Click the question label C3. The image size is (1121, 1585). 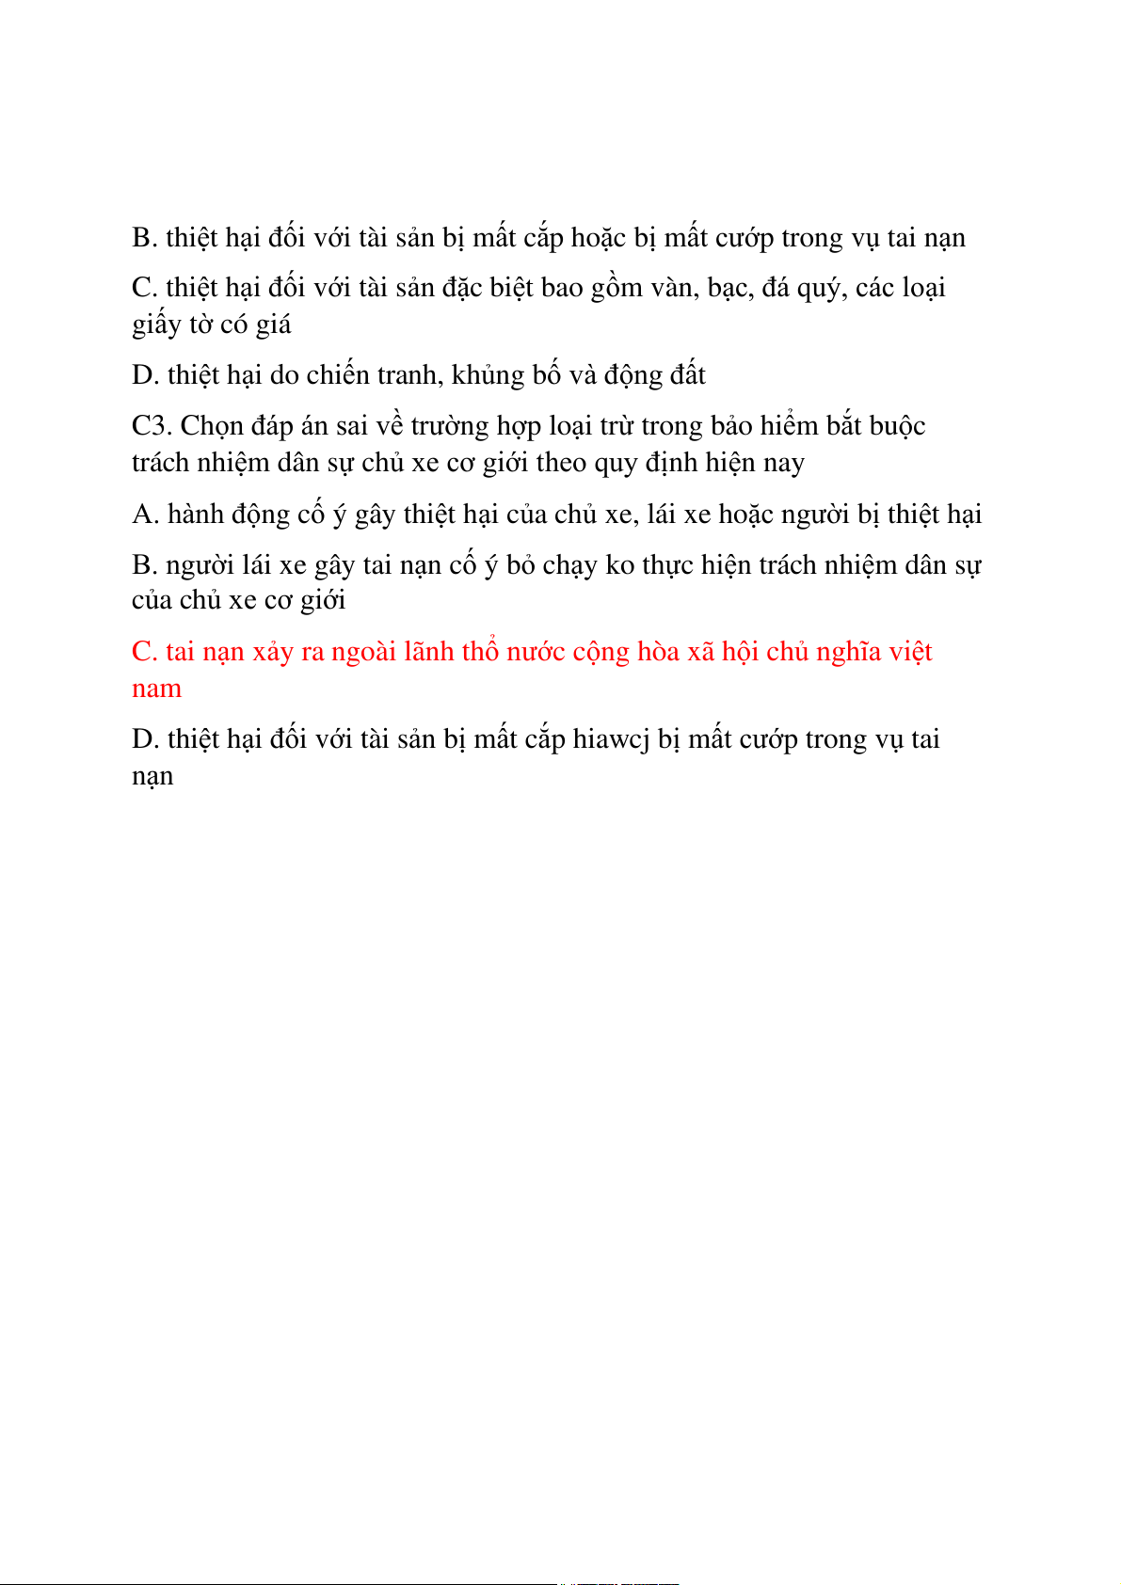[x=152, y=426]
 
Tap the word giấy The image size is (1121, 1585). [x=156, y=325]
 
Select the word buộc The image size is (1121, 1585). [x=897, y=427]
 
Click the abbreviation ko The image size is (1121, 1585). [x=620, y=565]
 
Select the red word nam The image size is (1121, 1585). [x=156, y=689]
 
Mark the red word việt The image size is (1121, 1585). [x=911, y=652]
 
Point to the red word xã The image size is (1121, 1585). [x=700, y=652]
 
